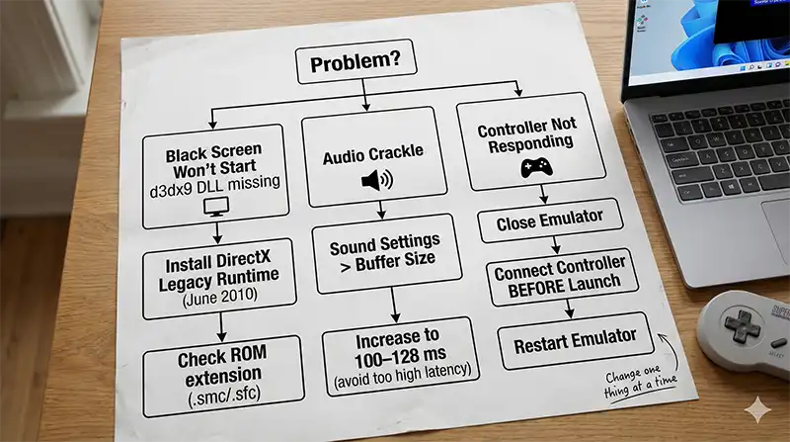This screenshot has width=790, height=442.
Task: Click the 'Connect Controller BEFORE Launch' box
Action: [558, 279]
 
